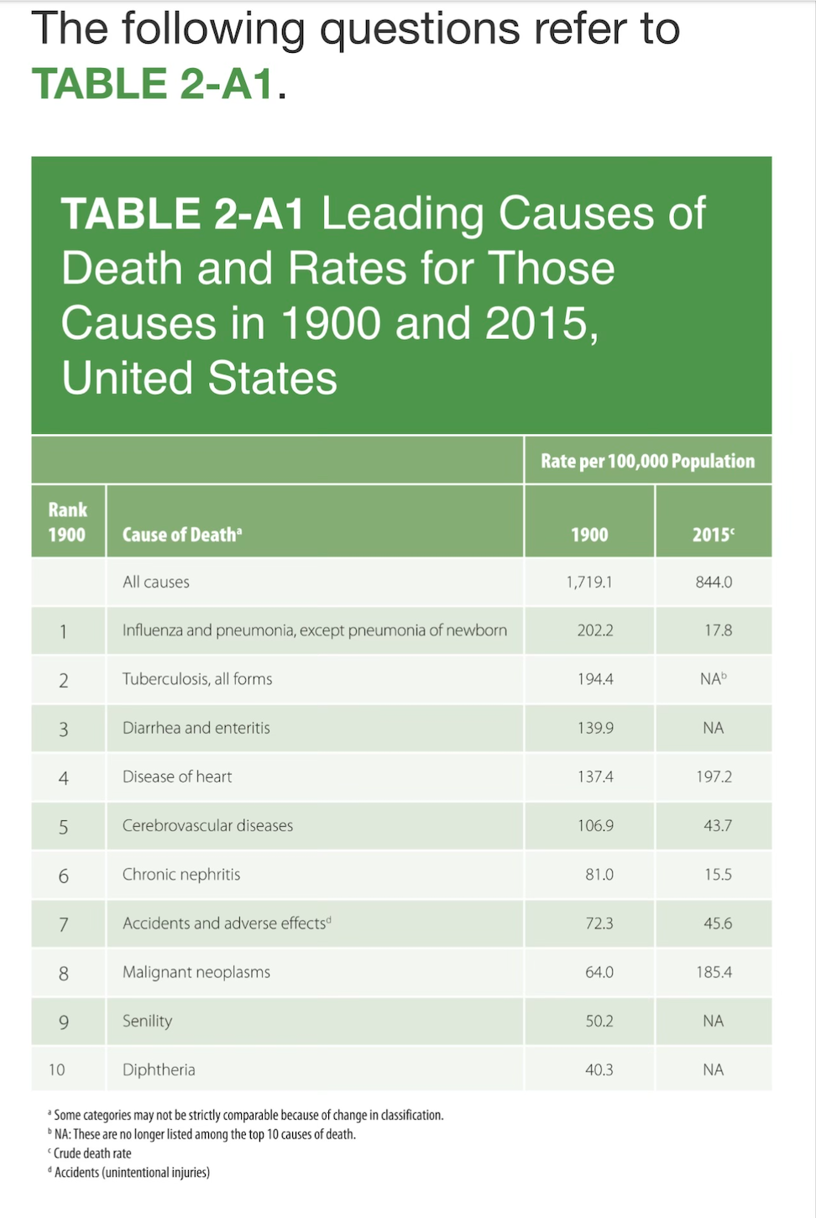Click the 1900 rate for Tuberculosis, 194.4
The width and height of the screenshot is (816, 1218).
point(594,679)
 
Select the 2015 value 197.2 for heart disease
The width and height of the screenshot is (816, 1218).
point(713,776)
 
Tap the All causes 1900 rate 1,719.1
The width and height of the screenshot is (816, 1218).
point(588,582)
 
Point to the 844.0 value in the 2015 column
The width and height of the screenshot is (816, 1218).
point(713,582)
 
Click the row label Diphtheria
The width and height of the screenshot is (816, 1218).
point(159,1069)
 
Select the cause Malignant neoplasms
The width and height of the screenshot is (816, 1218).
point(196,972)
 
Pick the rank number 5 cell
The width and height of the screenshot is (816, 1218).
point(63,827)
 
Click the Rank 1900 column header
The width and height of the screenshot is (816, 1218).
point(67,522)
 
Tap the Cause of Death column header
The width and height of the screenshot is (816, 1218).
point(182,535)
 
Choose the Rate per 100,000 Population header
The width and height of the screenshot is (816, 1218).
point(647,461)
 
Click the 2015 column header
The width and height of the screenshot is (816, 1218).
point(713,535)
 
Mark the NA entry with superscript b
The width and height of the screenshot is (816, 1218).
point(713,679)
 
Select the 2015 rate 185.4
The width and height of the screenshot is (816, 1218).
point(713,972)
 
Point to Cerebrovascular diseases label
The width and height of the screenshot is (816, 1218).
point(207,825)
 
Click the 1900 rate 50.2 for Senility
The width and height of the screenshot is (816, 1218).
point(599,1021)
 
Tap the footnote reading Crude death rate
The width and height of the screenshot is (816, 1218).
point(92,1153)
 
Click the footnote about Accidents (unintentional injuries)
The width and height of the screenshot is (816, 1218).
point(131,1173)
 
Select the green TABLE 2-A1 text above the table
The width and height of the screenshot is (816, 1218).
point(153,84)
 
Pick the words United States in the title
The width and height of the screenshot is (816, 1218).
point(200,378)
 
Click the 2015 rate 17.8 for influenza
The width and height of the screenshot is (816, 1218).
point(718,630)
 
